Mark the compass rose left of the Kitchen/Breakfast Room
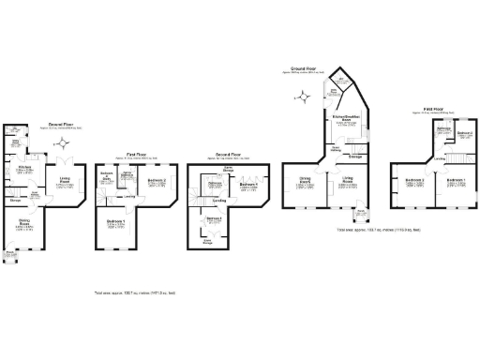[x=303, y=97]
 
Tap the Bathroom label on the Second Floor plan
[x=215, y=185]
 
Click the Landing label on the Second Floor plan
[x=218, y=200]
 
